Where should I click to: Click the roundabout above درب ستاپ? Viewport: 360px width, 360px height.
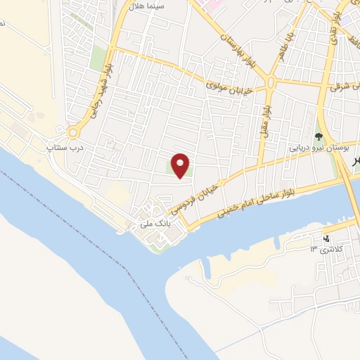point(72,132)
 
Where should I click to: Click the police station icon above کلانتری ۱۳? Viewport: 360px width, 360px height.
point(326,237)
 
